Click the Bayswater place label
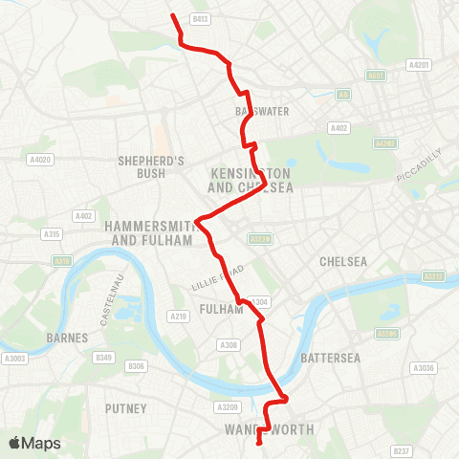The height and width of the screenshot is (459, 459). (261, 111)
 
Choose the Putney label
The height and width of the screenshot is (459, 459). (126, 408)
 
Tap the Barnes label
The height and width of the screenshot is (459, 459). (67, 338)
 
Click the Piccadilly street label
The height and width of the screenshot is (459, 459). (419, 165)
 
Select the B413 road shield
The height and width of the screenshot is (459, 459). (200, 18)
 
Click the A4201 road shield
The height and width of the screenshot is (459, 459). (417, 65)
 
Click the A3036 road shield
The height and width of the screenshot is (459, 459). (421, 367)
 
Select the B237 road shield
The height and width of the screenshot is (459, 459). (403, 449)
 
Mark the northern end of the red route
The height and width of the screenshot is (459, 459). (172, 15)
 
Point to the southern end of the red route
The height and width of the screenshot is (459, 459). (260, 443)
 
